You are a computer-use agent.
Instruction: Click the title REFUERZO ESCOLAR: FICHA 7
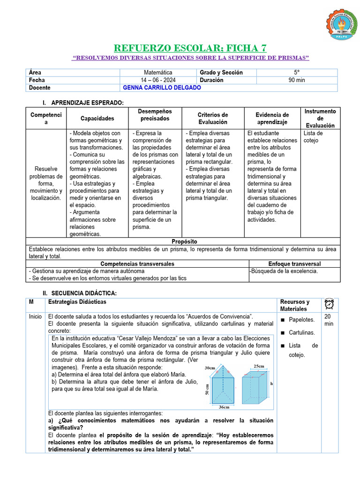click(x=190, y=47)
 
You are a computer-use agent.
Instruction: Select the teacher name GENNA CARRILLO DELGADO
click(x=162, y=88)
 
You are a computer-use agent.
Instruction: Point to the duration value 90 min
click(x=296, y=80)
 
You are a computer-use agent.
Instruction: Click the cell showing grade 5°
click(x=296, y=73)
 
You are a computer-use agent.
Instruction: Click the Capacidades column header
click(x=97, y=119)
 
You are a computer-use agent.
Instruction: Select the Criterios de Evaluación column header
click(x=212, y=118)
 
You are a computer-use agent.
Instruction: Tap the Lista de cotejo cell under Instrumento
click(x=313, y=136)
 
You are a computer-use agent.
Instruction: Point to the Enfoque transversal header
click(x=294, y=264)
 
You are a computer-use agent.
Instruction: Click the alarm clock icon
click(x=330, y=304)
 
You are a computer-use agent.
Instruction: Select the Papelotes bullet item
click(x=301, y=320)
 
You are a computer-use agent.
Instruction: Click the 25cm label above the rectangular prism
click(x=258, y=366)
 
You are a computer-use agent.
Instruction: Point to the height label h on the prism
click(x=272, y=383)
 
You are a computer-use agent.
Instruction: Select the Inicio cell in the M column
click(x=35, y=316)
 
